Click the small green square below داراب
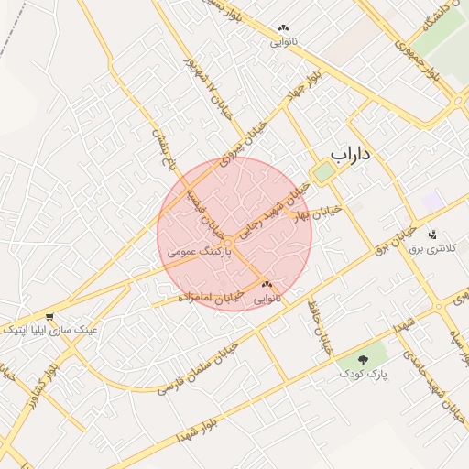coord(324,172)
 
